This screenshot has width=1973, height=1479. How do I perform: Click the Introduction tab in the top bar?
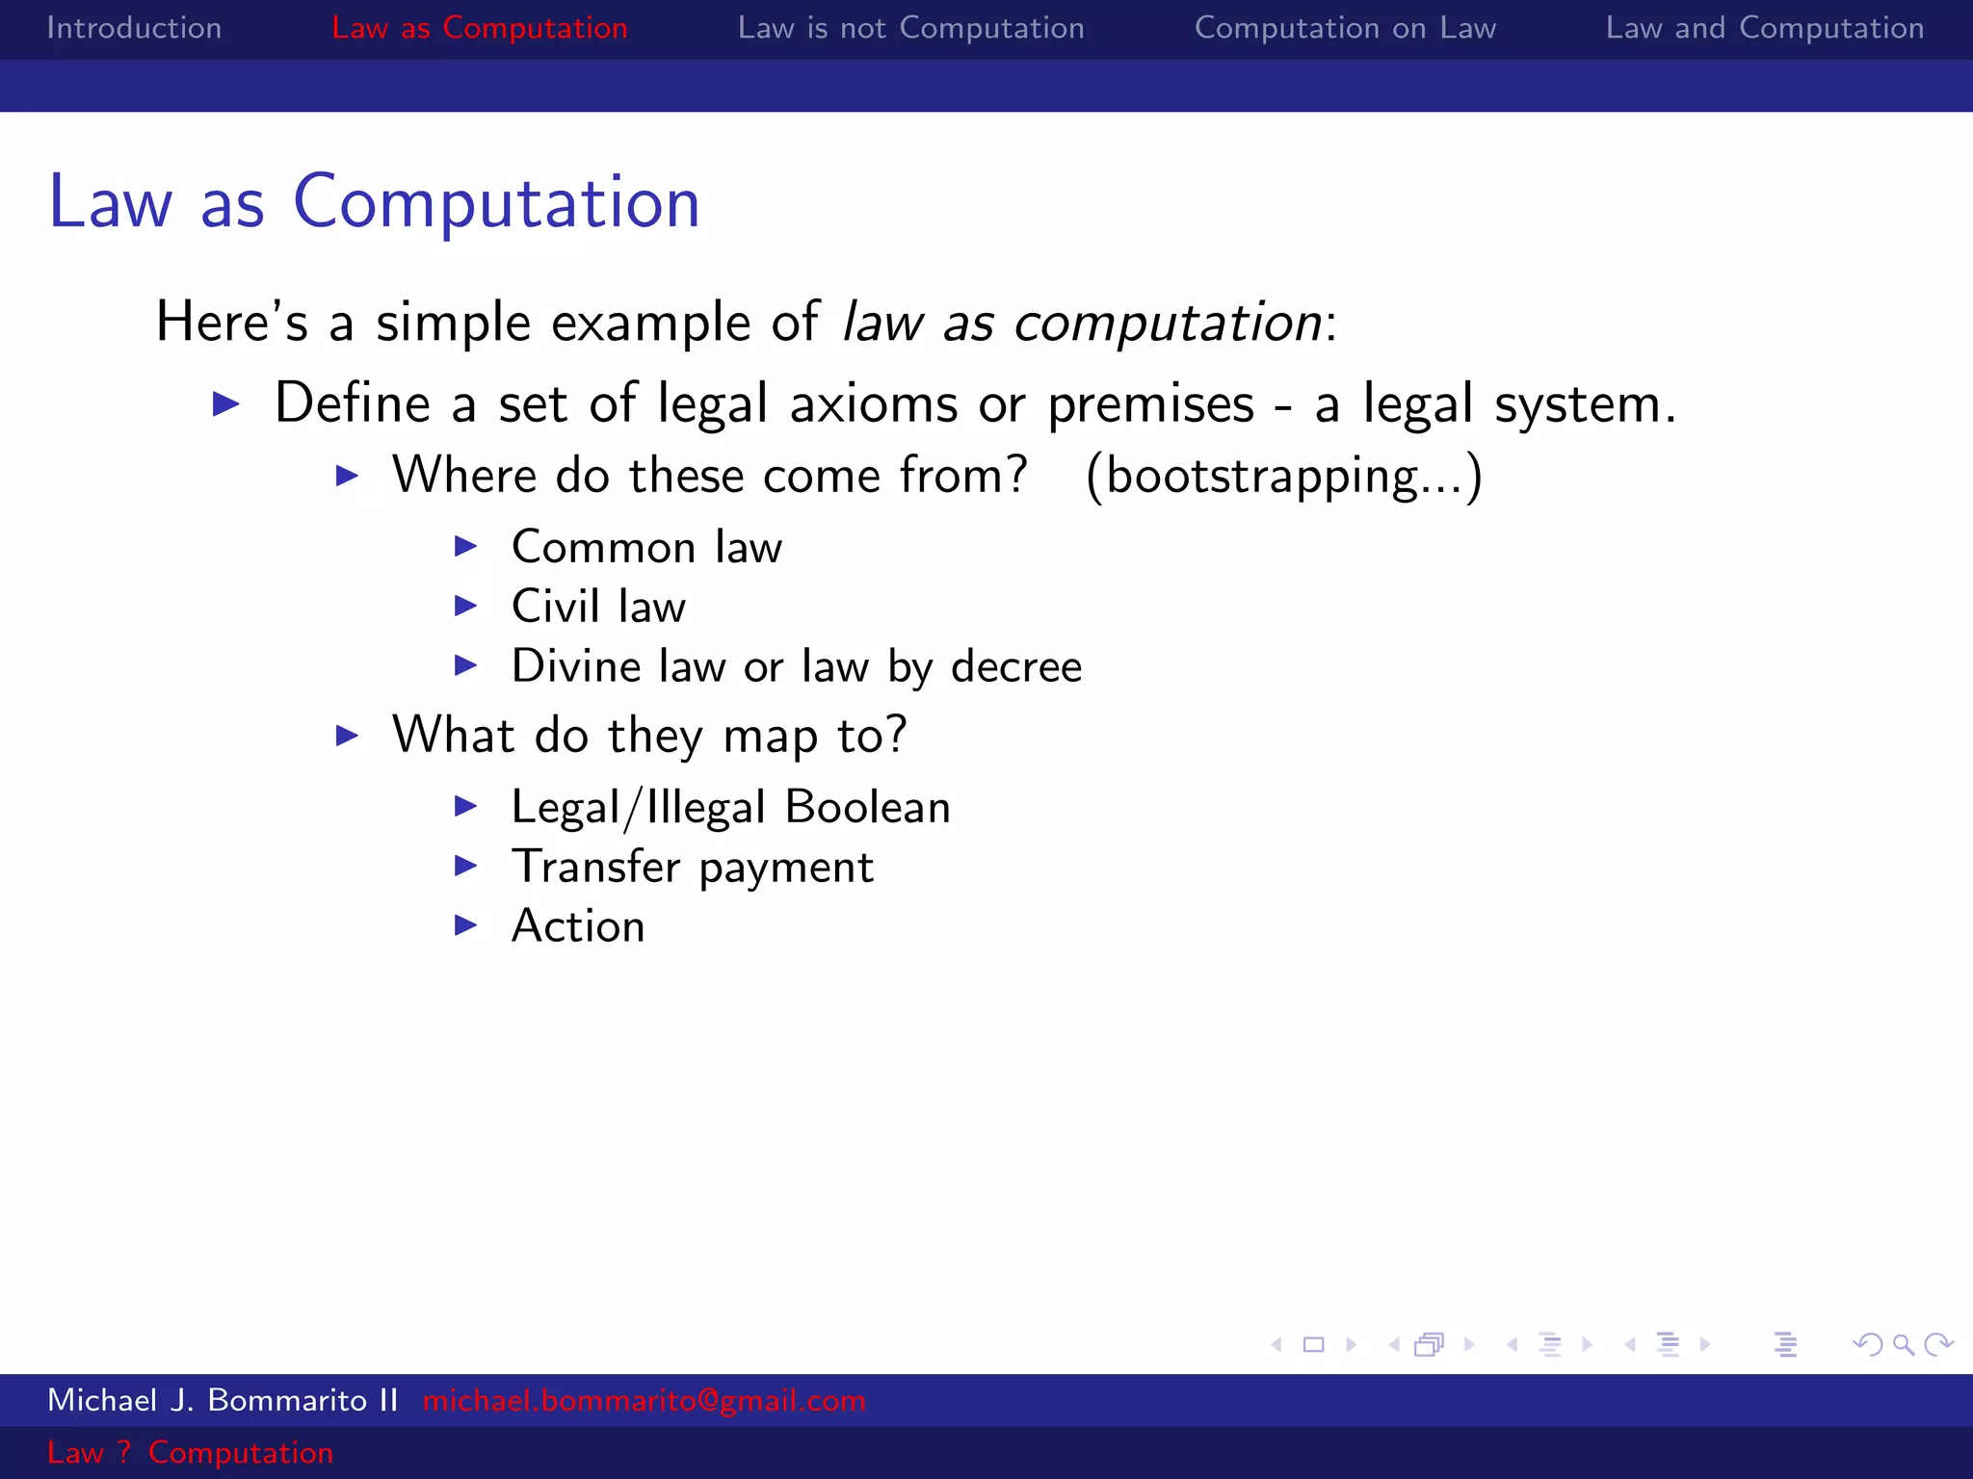pyautogui.click(x=134, y=28)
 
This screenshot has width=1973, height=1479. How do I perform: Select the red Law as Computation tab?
pyautogui.click(x=479, y=28)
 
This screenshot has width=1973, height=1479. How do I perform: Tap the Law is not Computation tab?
pyautogui.click(x=910, y=28)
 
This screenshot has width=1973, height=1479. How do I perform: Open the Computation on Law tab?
pyautogui.click(x=1345, y=28)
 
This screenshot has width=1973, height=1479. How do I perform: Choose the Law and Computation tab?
pyautogui.click(x=1764, y=28)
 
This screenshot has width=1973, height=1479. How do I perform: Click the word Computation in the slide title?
pyautogui.click(x=496, y=202)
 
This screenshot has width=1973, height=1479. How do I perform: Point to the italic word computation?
pyautogui.click(x=1168, y=323)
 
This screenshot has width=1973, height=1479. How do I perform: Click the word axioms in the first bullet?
pyautogui.click(x=874, y=403)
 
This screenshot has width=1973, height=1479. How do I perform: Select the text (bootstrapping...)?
pyautogui.click(x=1283, y=476)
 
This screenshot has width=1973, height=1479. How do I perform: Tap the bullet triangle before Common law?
pyautogui.click(x=466, y=547)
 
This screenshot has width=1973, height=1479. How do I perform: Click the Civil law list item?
pyautogui.click(x=598, y=607)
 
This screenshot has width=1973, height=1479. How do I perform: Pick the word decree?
pyautogui.click(x=1016, y=666)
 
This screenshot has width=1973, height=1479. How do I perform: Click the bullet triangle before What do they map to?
pyautogui.click(x=347, y=736)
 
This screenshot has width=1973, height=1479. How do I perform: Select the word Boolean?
pyautogui.click(x=867, y=807)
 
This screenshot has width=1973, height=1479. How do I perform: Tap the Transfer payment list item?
pyautogui.click(x=692, y=867)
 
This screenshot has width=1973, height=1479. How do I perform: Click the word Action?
pyautogui.click(x=578, y=926)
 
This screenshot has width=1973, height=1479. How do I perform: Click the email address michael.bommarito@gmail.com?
pyautogui.click(x=644, y=1400)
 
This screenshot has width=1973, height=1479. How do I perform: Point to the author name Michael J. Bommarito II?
pyautogui.click(x=223, y=1400)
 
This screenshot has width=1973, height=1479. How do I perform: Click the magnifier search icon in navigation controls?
pyautogui.click(x=1903, y=1344)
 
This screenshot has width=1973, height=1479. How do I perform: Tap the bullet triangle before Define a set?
pyautogui.click(x=225, y=403)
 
